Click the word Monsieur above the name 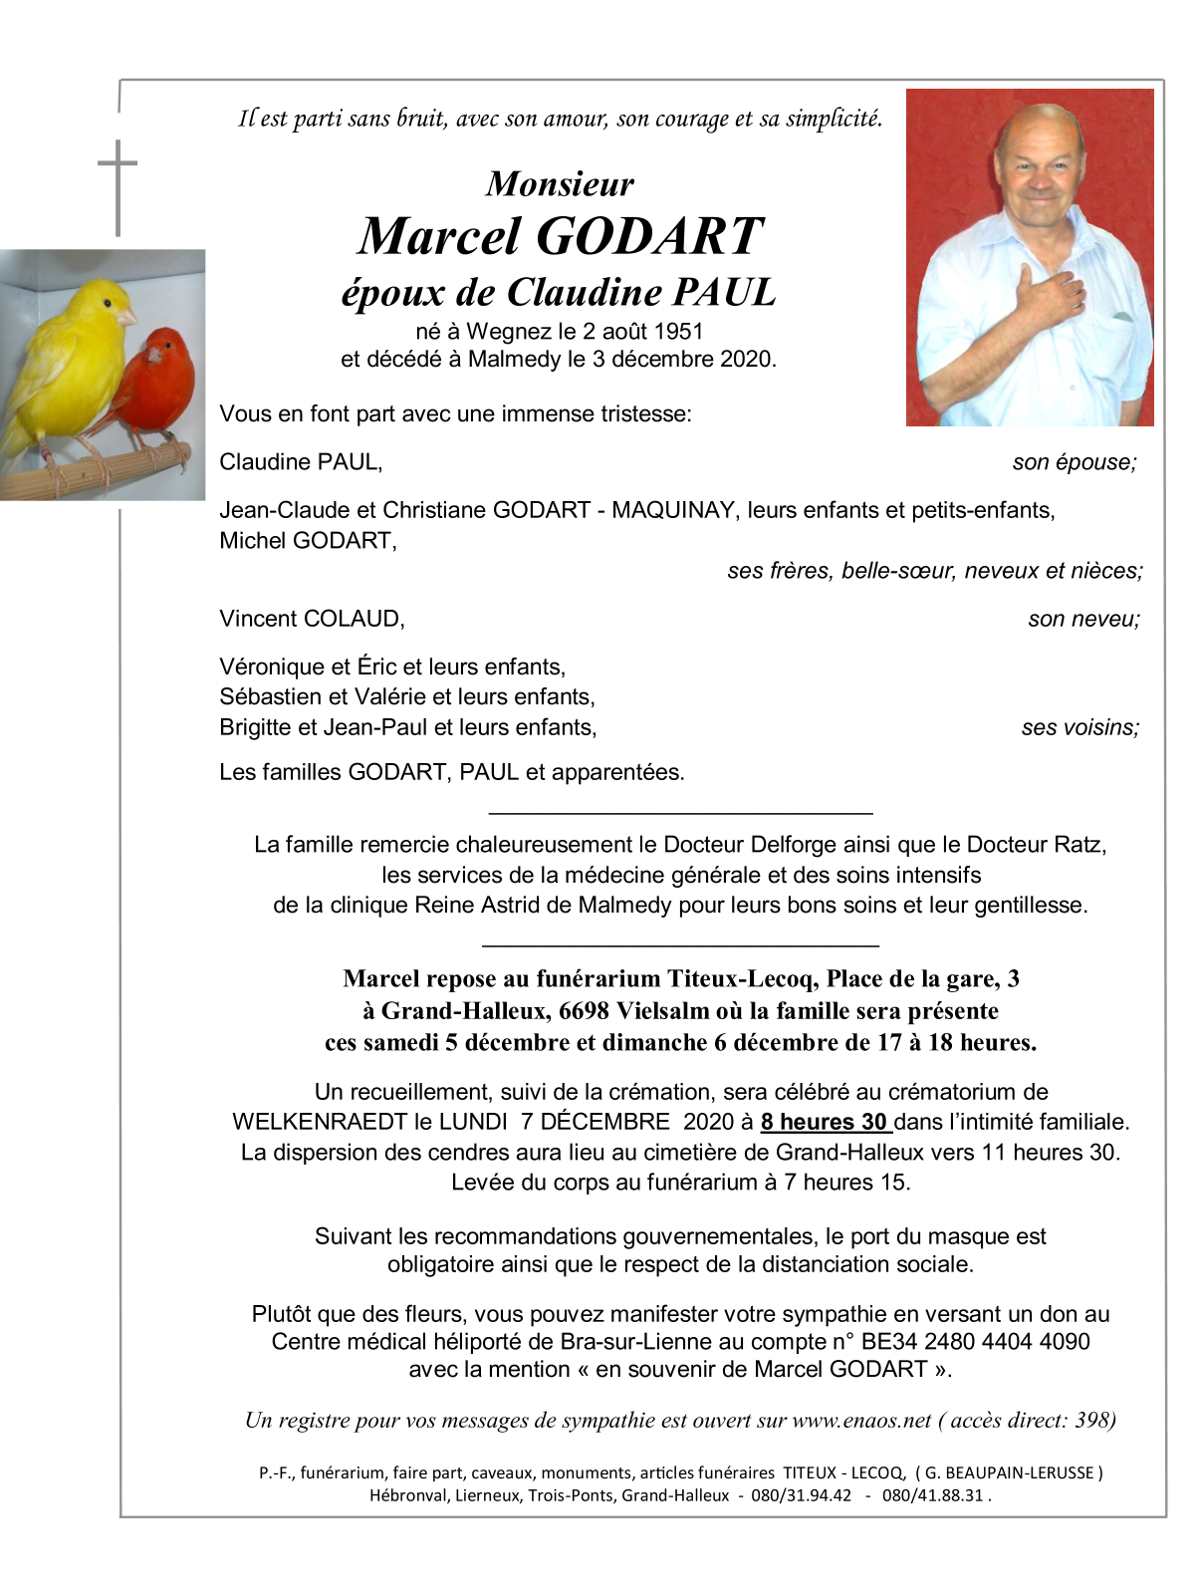[x=560, y=184]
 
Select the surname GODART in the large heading [x=650, y=237]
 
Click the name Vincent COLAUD [x=312, y=619]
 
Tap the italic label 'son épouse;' [x=1075, y=462]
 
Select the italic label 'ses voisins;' [x=1080, y=727]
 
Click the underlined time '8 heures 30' [x=824, y=1122]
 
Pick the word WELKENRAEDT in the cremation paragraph [x=320, y=1122]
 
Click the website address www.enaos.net [x=861, y=1421]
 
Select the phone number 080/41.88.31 [x=933, y=1495]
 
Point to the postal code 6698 [x=584, y=1011]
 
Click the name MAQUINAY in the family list [x=673, y=510]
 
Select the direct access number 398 [x=1093, y=1421]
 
